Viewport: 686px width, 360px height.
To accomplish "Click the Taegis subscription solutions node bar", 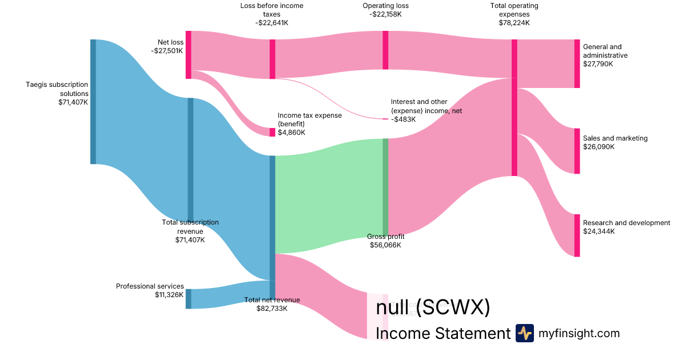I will click(x=93, y=102).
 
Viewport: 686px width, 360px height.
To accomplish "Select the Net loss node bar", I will click(x=188, y=55).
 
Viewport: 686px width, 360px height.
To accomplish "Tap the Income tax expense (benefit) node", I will click(x=272, y=132).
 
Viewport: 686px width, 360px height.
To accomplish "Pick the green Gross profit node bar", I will click(x=385, y=186).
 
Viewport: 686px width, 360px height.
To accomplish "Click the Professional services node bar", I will click(x=188, y=299).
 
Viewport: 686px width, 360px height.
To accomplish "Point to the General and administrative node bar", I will click(x=577, y=63).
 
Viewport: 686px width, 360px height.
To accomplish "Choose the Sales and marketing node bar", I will click(x=577, y=151).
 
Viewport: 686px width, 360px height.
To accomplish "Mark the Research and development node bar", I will click(x=577, y=235).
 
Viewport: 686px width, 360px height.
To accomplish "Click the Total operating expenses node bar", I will click(x=514, y=107).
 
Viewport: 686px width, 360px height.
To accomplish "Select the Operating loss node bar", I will click(x=385, y=50).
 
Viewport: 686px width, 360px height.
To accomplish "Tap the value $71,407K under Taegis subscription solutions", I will click(x=73, y=102).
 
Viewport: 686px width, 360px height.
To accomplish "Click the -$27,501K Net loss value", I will click(x=167, y=51).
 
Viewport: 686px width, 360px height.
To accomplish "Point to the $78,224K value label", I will click(x=514, y=23).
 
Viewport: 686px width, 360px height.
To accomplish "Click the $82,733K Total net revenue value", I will click(x=272, y=309).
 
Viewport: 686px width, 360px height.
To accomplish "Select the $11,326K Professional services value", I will click(x=169, y=295).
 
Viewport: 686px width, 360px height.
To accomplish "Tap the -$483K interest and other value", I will click(x=403, y=119).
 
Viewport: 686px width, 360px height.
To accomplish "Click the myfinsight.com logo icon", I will click(x=524, y=333).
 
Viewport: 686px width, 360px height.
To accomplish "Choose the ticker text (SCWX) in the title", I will click(x=453, y=307).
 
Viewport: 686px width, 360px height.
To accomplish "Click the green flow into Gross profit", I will click(x=329, y=194).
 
